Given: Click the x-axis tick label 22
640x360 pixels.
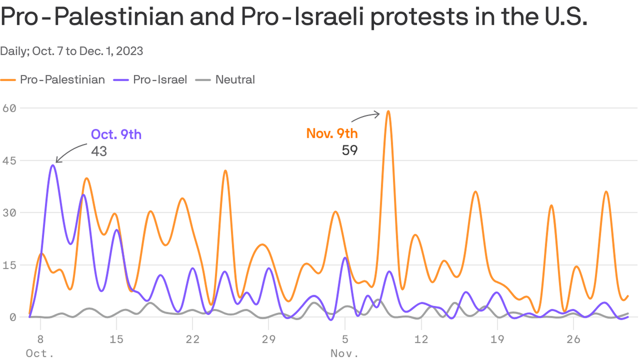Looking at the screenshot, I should [x=192, y=339].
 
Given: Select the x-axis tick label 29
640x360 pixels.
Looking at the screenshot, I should [x=268, y=339].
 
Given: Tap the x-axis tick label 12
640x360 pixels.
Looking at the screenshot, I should [x=421, y=339].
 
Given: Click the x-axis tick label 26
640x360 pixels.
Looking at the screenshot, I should [x=573, y=339].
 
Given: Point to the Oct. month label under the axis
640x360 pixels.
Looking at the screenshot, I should [x=39, y=353].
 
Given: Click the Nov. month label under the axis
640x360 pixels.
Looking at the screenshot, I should [x=345, y=353].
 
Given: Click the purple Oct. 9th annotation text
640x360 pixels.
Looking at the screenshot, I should [x=116, y=135].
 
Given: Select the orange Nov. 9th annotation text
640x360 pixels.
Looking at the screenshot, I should [x=332, y=134].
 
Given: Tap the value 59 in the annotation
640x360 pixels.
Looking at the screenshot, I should [x=350, y=150].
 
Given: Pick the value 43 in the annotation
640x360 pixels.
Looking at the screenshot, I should [x=99, y=151].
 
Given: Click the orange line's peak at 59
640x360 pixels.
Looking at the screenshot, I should [x=388, y=112].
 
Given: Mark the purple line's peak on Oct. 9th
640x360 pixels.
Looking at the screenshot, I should [x=53, y=165].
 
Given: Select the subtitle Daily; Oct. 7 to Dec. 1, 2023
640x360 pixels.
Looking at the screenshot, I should [x=72, y=51].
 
